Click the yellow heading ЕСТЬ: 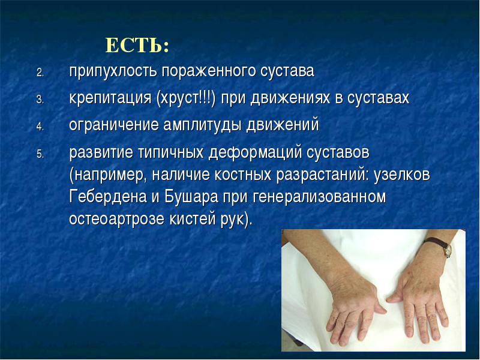pos(137,46)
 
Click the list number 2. pos(40,73)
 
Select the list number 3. pos(40,100)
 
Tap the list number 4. pos(40,127)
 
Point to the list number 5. pos(40,154)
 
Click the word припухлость pos(113,72)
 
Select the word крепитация pos(110,98)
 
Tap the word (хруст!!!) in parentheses pos(186,98)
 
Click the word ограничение pos(114,125)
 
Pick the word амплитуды pos(203,125)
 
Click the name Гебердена pos(108,197)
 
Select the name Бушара pos(191,197)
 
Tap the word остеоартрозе pos(117,219)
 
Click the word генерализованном pos(320,197)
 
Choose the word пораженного pos(209,72)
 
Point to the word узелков pos(401,175)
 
